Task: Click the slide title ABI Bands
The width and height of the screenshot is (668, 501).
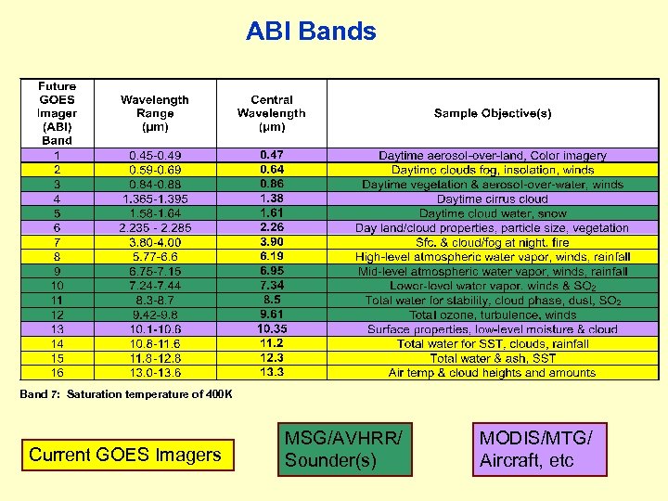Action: coord(311,32)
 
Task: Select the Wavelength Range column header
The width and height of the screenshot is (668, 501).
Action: coord(154,113)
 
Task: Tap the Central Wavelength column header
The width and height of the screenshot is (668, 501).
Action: coord(271,113)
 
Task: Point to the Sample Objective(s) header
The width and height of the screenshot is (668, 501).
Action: coord(492,113)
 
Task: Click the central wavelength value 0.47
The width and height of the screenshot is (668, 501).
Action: coord(272,156)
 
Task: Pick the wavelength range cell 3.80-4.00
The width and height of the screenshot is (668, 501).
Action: coord(154,242)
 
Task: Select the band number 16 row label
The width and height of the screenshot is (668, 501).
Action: coord(57,373)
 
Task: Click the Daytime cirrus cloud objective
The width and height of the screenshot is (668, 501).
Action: coord(492,199)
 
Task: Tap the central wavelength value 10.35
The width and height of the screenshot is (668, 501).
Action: coord(272,329)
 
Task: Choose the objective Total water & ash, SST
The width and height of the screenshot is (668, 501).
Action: coord(492,358)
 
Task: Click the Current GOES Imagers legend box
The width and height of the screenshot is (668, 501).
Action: coord(125,455)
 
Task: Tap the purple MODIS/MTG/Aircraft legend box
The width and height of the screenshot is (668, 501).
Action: coord(540,449)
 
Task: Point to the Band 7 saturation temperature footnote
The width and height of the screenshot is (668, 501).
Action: coord(126,394)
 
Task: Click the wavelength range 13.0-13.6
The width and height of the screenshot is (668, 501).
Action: coord(154,373)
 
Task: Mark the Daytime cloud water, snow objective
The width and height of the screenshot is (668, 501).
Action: coord(492,213)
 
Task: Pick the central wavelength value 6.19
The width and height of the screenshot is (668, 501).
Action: coord(272,257)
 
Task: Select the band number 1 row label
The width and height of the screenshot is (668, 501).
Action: coord(57,156)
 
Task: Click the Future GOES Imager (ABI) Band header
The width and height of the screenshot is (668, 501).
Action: coord(57,113)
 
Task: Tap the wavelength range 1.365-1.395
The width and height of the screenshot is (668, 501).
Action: coord(154,199)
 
